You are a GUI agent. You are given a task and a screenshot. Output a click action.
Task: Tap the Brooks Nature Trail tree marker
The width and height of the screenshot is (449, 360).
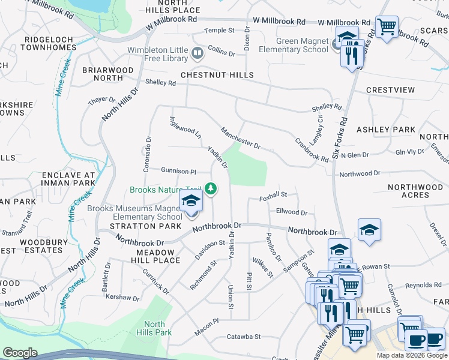(x=210, y=190)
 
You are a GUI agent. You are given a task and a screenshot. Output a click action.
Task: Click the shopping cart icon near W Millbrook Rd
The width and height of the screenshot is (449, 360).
(x=387, y=27)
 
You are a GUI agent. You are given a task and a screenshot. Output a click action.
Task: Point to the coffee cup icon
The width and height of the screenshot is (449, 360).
(x=415, y=340)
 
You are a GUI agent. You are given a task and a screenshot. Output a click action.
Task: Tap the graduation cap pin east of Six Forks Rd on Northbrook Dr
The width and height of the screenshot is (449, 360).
(x=369, y=230)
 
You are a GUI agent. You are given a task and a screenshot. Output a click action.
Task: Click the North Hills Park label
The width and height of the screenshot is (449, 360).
(x=158, y=328)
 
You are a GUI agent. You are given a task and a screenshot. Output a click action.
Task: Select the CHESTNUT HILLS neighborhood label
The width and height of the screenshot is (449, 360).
(x=218, y=75)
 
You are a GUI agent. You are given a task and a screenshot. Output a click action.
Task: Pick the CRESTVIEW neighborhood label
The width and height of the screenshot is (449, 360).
(x=390, y=90)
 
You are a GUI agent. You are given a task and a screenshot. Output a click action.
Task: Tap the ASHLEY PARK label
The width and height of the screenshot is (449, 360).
(x=386, y=130)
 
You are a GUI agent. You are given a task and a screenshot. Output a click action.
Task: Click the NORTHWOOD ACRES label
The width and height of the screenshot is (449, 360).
(x=415, y=191)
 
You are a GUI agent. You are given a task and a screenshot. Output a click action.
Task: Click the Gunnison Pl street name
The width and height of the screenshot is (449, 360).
(x=178, y=171)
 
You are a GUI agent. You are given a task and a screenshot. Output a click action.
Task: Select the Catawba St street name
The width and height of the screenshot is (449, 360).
(x=244, y=337)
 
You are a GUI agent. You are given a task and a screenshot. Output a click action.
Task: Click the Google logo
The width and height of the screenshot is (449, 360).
(x=20, y=353)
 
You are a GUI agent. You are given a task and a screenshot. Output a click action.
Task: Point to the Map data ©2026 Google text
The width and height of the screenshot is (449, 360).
(x=411, y=355)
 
